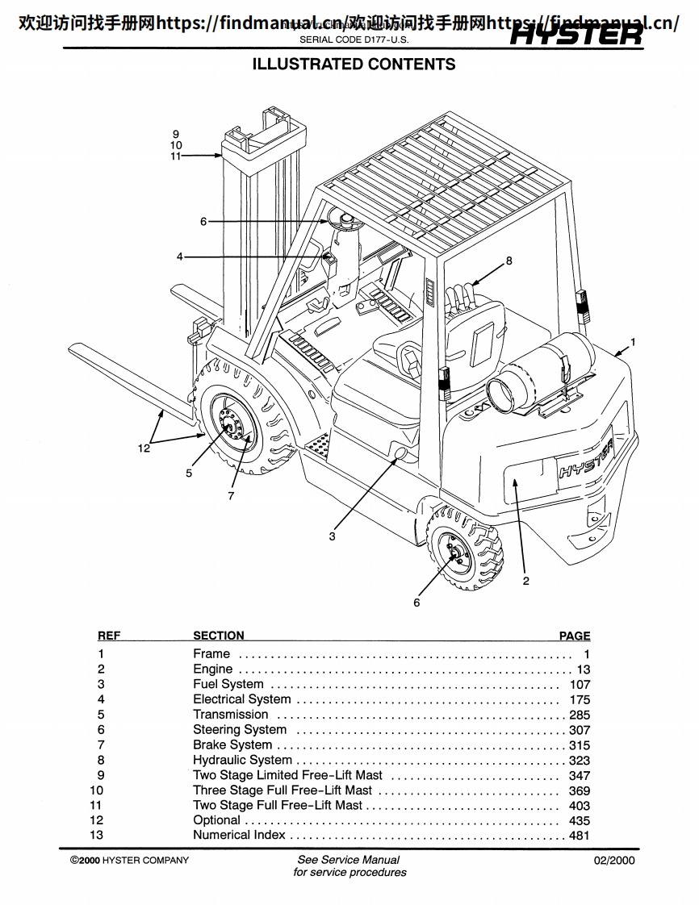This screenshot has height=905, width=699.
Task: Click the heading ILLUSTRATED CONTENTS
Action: pyautogui.click(x=354, y=65)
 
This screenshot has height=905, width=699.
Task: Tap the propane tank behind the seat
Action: pyautogui.click(x=541, y=368)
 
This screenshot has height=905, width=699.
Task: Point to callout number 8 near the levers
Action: pyautogui.click(x=509, y=261)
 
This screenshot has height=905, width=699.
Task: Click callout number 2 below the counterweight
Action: pyautogui.click(x=525, y=581)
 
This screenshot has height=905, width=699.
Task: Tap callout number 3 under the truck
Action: pyautogui.click(x=332, y=536)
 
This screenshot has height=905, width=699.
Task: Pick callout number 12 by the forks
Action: pyautogui.click(x=144, y=448)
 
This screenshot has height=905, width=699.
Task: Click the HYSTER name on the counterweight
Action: pyautogui.click(x=585, y=461)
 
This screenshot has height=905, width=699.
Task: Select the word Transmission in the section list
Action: pyautogui.click(x=230, y=715)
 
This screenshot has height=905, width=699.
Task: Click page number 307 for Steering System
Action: pyautogui.click(x=579, y=730)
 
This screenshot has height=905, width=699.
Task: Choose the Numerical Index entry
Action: pyautogui.click(x=239, y=835)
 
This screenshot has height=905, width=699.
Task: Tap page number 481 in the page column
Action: pyautogui.click(x=579, y=836)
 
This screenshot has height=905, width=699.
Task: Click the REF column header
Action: pyautogui.click(x=109, y=636)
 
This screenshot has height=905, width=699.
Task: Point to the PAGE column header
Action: pyautogui.click(x=574, y=636)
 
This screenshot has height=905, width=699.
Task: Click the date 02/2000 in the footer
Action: pyautogui.click(x=614, y=860)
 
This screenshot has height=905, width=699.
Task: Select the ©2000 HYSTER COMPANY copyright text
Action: pyautogui.click(x=129, y=860)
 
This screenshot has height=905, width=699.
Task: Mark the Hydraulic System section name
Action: pyautogui.click(x=242, y=760)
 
